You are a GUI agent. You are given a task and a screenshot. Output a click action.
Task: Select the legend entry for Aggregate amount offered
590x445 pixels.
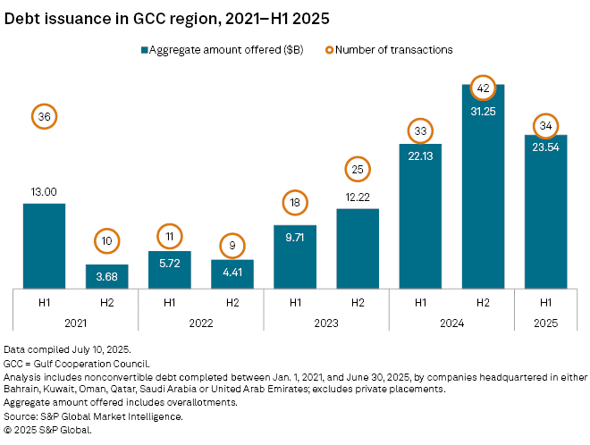[x=222, y=50]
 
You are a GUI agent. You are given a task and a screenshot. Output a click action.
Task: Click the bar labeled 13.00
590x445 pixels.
[x=45, y=246]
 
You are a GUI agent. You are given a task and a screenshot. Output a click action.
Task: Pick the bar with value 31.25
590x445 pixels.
[x=483, y=188]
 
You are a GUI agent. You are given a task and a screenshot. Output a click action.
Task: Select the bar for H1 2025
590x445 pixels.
[x=545, y=212]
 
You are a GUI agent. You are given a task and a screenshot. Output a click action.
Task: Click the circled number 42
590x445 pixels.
[x=483, y=88]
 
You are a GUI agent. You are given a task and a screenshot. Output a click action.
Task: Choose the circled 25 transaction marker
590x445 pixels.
[x=358, y=168]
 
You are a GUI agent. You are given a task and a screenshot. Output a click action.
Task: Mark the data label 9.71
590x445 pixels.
[x=295, y=239]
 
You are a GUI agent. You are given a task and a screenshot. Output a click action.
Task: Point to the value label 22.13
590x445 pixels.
[x=420, y=157]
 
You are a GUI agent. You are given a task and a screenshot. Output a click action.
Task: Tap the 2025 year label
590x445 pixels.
[x=545, y=323]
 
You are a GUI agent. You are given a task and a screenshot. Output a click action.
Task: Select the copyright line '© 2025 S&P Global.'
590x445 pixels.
[x=48, y=428]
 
